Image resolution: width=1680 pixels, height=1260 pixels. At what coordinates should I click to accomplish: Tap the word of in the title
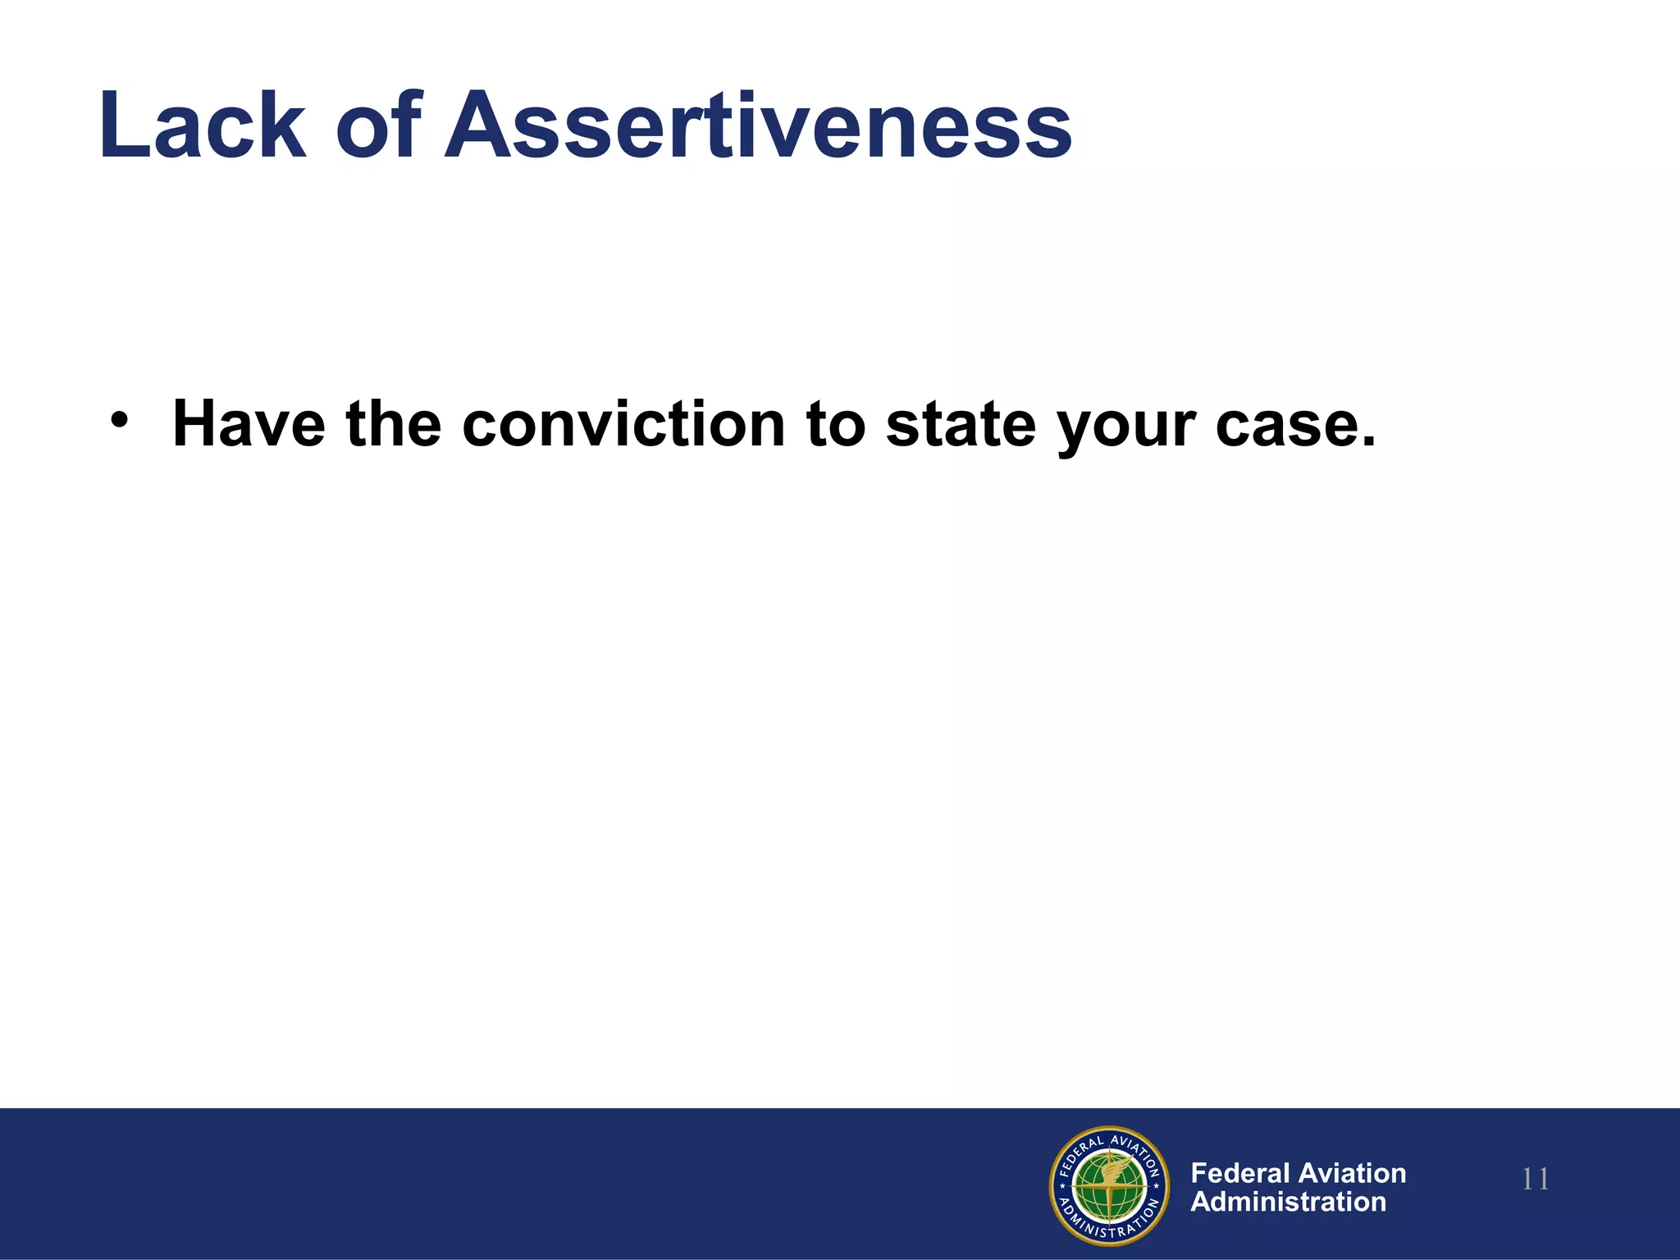pyautogui.click(x=378, y=126)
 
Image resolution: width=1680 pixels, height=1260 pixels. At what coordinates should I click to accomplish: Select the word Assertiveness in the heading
pyautogui.click(x=758, y=126)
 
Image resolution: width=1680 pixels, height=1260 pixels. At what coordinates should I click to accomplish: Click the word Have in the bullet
pyautogui.click(x=249, y=424)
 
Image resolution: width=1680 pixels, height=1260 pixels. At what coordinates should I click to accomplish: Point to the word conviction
pyautogui.click(x=623, y=424)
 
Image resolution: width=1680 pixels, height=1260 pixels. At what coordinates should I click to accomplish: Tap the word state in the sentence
pyautogui.click(x=961, y=424)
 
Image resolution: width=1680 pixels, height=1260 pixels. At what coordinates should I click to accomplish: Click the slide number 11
pyautogui.click(x=1536, y=1180)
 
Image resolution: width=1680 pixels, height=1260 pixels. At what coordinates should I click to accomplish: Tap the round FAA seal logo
pyautogui.click(x=1109, y=1185)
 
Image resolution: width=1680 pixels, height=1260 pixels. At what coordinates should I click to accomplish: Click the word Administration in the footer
pyautogui.click(x=1288, y=1202)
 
